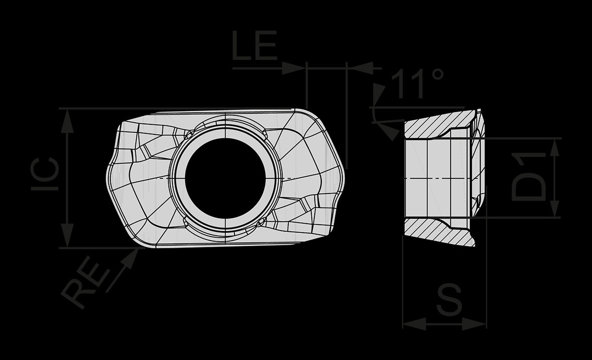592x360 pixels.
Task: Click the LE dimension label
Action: [x=255, y=46]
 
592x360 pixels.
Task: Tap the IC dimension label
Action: [x=45, y=174]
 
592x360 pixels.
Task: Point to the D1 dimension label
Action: [x=528, y=176]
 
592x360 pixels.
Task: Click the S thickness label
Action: [x=449, y=300]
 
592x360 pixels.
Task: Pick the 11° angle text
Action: [x=417, y=83]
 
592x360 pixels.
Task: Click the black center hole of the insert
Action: [x=226, y=178]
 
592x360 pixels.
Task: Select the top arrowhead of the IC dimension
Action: [x=67, y=121]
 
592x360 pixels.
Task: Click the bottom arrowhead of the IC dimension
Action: [x=67, y=235]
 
